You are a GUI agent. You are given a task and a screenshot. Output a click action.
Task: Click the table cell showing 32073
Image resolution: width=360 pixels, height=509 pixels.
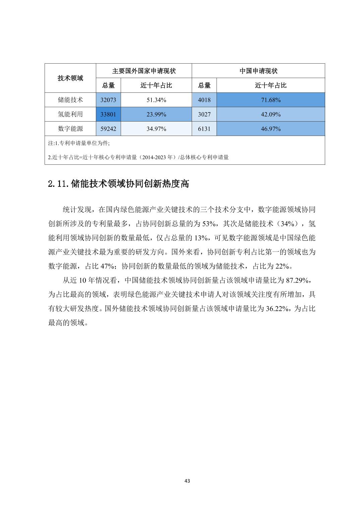tap(108, 100)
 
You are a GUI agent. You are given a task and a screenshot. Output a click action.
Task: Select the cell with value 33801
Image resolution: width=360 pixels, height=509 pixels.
tap(108, 114)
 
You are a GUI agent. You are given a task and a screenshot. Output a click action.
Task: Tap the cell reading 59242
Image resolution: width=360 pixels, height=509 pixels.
tap(108, 129)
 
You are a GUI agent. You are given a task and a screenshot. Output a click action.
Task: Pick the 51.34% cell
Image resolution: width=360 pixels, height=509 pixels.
tap(156, 100)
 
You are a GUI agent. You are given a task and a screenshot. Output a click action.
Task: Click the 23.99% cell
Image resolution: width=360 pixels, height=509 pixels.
tap(156, 114)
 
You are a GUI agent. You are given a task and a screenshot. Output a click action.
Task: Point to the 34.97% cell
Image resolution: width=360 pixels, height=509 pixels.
tap(156, 129)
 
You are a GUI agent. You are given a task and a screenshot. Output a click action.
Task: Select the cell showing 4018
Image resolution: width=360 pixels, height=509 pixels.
tap(204, 100)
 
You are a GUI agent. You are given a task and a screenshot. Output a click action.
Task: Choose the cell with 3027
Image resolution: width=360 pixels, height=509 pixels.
tap(204, 114)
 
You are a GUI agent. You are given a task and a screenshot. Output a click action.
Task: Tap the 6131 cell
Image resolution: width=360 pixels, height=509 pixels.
tap(204, 129)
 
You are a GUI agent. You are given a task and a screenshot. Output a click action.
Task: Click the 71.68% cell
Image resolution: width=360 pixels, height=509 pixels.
tap(271, 100)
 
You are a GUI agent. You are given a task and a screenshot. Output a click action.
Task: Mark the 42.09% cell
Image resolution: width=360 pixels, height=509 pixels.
tap(271, 114)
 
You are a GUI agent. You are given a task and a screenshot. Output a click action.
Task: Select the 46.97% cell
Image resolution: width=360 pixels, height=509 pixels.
tap(271, 129)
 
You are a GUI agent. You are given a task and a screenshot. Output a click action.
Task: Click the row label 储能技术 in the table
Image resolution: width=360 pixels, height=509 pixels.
tap(70, 100)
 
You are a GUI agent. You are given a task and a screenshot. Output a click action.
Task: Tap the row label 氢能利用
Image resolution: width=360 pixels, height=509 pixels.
tap(70, 114)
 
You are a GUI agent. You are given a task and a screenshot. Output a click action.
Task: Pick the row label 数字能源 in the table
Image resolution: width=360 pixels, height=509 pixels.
tap(70, 129)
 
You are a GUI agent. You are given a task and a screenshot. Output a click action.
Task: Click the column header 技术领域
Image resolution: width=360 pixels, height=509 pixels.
tap(70, 78)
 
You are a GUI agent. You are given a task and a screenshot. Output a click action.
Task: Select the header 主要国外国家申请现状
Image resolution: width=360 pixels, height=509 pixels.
tap(144, 71)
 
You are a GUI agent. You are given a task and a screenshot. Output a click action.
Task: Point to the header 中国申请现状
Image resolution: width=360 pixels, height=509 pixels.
tap(258, 71)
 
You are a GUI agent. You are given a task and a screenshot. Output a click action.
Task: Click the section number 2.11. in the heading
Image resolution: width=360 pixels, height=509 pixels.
tap(59, 184)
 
